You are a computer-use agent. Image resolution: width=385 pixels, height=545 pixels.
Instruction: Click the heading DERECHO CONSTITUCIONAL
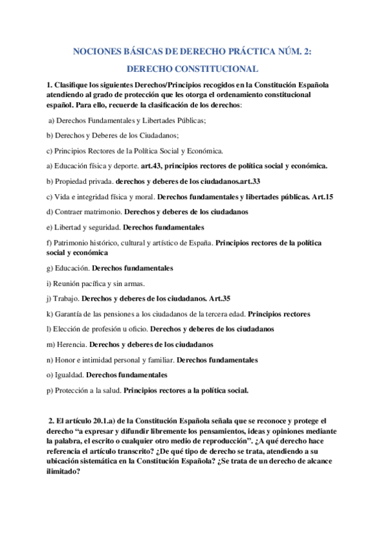pos(192,69)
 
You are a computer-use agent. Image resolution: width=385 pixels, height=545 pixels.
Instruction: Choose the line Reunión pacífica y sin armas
pos(100,283)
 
